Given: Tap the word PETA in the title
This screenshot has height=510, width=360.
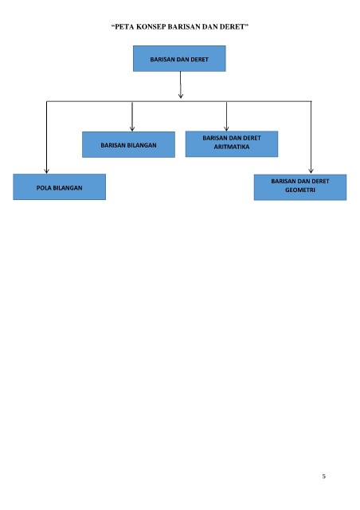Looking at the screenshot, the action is pos(124,27).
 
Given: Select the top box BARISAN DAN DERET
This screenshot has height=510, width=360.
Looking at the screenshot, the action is pos(179,58).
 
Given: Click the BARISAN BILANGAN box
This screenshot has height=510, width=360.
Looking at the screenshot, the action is pos(128,145).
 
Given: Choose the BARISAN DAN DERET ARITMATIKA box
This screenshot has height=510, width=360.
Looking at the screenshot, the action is pos(232,144).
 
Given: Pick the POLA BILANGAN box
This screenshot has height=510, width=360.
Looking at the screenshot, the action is pos(59,187).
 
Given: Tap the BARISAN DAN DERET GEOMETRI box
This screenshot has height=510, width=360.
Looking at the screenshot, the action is pos(300,187).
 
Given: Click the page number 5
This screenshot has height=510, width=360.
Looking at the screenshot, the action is pos(324,477).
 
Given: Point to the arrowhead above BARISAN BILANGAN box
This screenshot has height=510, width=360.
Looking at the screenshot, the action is pos(132,129).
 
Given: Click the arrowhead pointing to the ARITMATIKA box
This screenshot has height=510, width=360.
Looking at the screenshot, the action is pos(226,128).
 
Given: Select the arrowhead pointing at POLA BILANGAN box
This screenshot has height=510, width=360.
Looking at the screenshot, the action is pos(46,171).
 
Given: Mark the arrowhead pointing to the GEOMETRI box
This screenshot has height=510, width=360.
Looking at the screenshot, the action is pos(311,171).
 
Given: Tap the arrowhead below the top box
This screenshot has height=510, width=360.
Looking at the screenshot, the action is pos(181,96).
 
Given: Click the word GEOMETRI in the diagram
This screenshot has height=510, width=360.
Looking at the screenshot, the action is pos(300,190).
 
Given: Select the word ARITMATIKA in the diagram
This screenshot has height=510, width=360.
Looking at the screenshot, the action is pos(232,147).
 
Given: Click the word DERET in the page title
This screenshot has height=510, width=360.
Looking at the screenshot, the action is pos(232,27).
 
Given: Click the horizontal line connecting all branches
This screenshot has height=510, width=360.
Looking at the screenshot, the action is pos(179,101).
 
